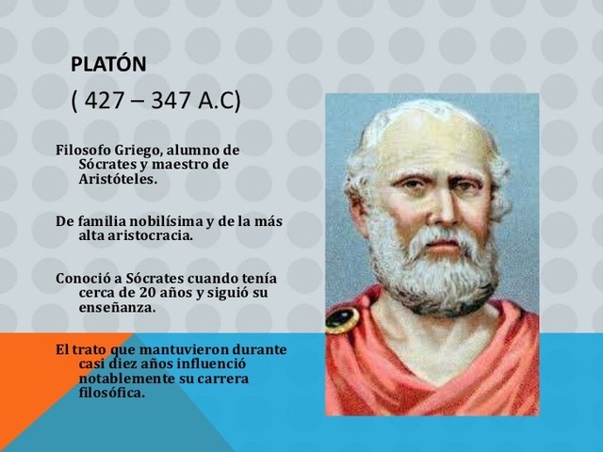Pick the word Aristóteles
[118, 178]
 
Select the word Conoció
[84, 279]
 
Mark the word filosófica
[112, 394]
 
